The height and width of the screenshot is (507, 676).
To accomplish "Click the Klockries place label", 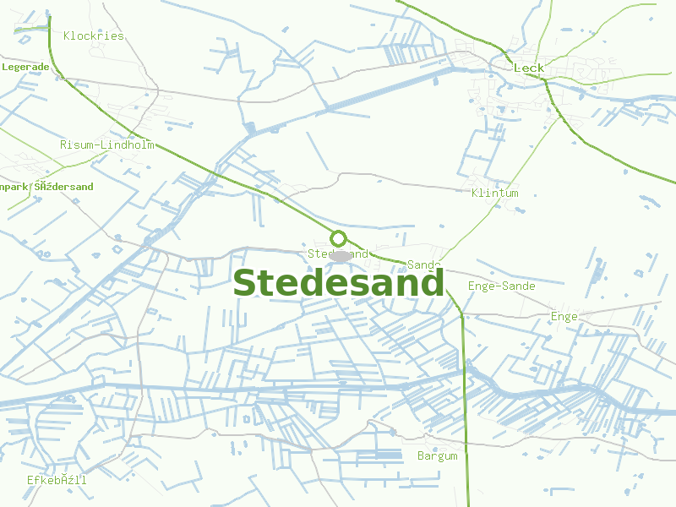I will point(94,36).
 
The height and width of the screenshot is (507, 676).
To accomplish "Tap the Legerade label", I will point(25,67).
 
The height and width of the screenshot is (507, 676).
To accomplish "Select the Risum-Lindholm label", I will point(107,144).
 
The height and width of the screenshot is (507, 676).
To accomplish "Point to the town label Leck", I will point(529,68).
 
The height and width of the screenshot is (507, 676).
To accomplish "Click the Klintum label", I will point(495,194).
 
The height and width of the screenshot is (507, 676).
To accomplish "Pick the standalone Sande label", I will point(424,265).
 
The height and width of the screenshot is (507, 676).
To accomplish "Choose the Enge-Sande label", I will point(502,286).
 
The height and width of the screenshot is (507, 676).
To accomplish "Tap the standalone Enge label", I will point(564,317).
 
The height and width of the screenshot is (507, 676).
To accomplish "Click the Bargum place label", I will point(438,456).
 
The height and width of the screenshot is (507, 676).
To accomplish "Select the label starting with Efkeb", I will point(57,480).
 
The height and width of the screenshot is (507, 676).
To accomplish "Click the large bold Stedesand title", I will point(338,283).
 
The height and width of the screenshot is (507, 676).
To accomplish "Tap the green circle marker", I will point(339,238).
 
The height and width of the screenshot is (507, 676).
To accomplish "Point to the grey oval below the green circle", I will point(341,255).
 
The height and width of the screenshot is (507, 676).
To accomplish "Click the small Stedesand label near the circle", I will point(337,253).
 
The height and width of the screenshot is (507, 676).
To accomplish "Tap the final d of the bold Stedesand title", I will point(431,283).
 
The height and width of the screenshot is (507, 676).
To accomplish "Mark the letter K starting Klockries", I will point(67,36).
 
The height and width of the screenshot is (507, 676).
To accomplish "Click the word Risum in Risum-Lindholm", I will point(76,144).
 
